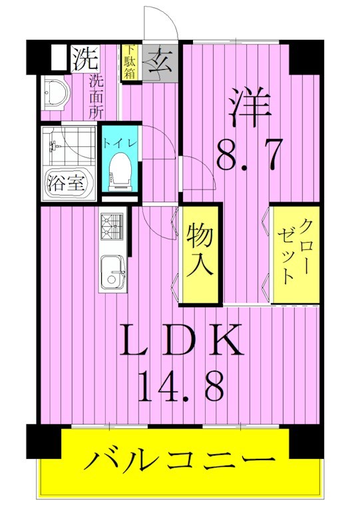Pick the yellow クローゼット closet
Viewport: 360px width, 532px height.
click(x=295, y=253)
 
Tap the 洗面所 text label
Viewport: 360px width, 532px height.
click(x=96, y=96)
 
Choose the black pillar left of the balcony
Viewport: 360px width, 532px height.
click(x=44, y=440)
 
